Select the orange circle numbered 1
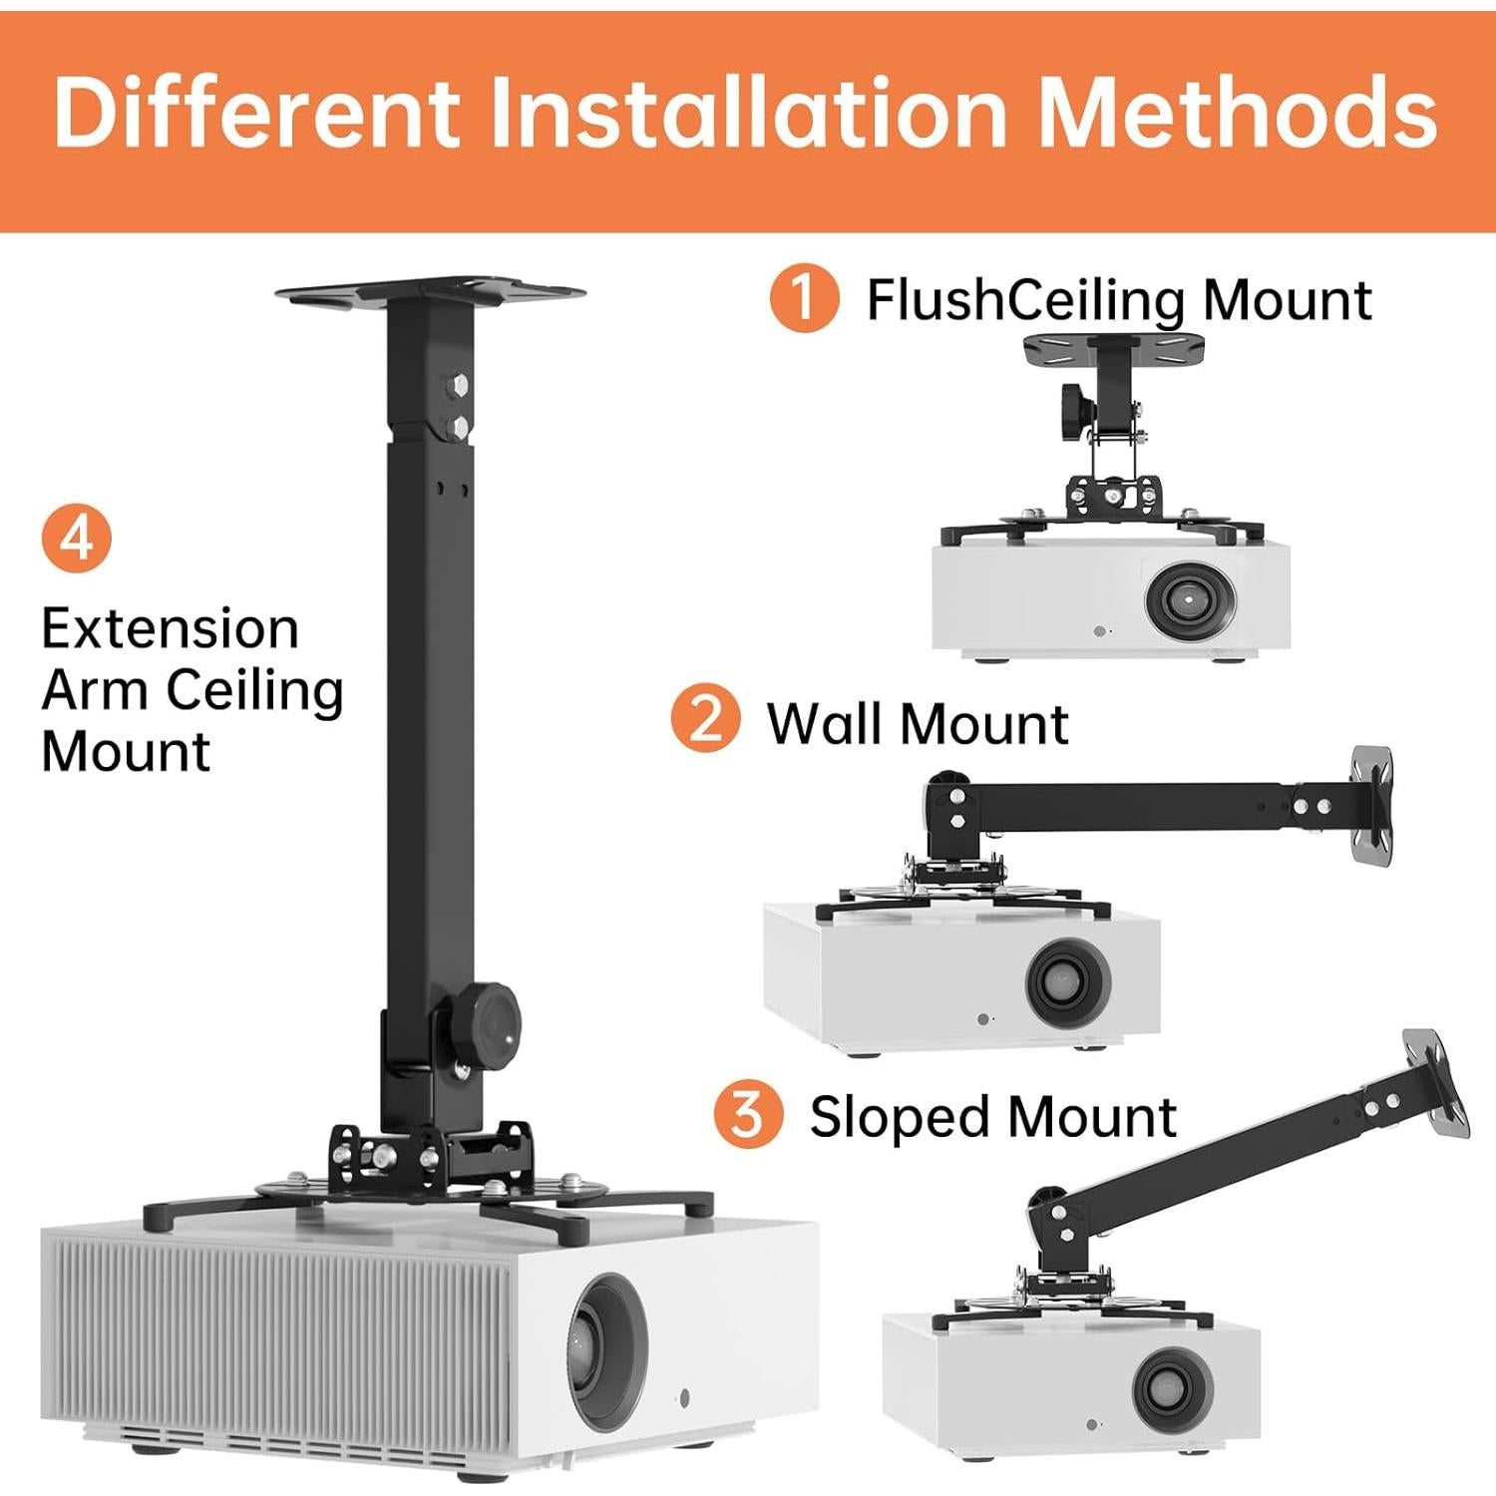[803, 297]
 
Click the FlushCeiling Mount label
[1118, 299]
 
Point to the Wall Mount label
[917, 723]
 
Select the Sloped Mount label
[992, 1116]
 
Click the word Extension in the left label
[170, 629]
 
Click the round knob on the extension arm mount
[493, 1019]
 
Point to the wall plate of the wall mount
[1371, 803]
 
